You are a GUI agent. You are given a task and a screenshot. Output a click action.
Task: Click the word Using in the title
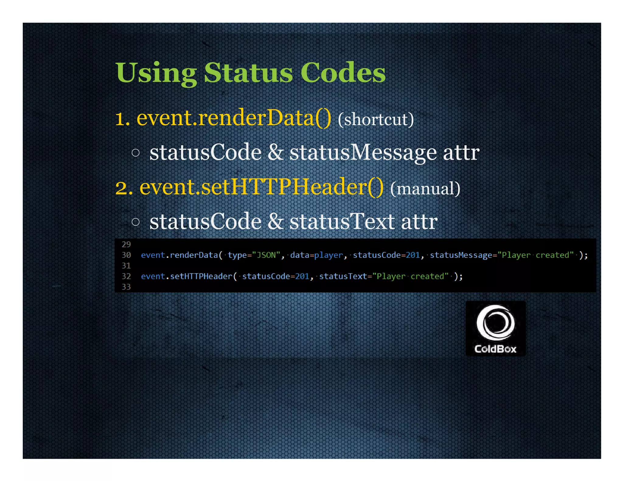156,73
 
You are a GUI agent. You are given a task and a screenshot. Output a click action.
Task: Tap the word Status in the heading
248,73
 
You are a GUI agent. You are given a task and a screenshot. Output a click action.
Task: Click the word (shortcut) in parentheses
376,119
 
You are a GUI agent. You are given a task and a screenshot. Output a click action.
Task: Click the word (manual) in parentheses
425,189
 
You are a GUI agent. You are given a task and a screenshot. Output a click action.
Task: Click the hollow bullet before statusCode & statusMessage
136,153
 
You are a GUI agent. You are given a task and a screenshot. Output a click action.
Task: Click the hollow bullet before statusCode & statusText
136,222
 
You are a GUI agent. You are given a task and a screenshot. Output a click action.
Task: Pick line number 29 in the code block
126,244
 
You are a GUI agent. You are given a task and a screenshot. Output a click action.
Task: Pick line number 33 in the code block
126,287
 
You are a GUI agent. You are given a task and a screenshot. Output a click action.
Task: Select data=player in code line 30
316,255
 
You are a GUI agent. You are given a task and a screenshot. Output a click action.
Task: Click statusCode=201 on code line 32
276,276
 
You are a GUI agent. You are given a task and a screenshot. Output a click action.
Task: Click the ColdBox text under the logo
495,349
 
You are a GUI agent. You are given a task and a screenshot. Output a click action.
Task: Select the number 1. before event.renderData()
123,119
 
